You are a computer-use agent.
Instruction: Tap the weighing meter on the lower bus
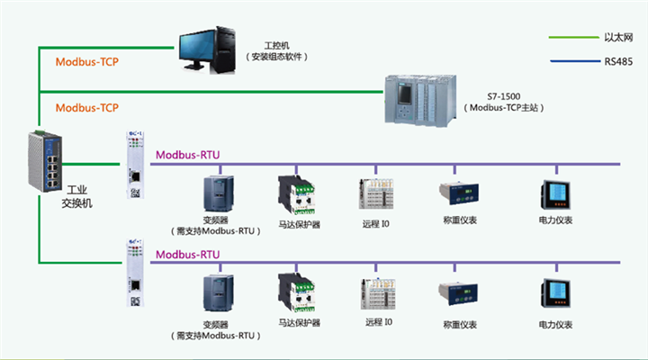click(456, 292)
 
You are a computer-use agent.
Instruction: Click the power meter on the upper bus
click(554, 193)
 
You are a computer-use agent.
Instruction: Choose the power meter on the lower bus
click(554, 294)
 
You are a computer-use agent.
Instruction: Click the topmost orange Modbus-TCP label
click(87, 62)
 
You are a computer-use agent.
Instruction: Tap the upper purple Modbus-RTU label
click(187, 155)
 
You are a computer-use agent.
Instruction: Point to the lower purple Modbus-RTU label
click(187, 254)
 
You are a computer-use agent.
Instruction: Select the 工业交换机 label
click(76, 197)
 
